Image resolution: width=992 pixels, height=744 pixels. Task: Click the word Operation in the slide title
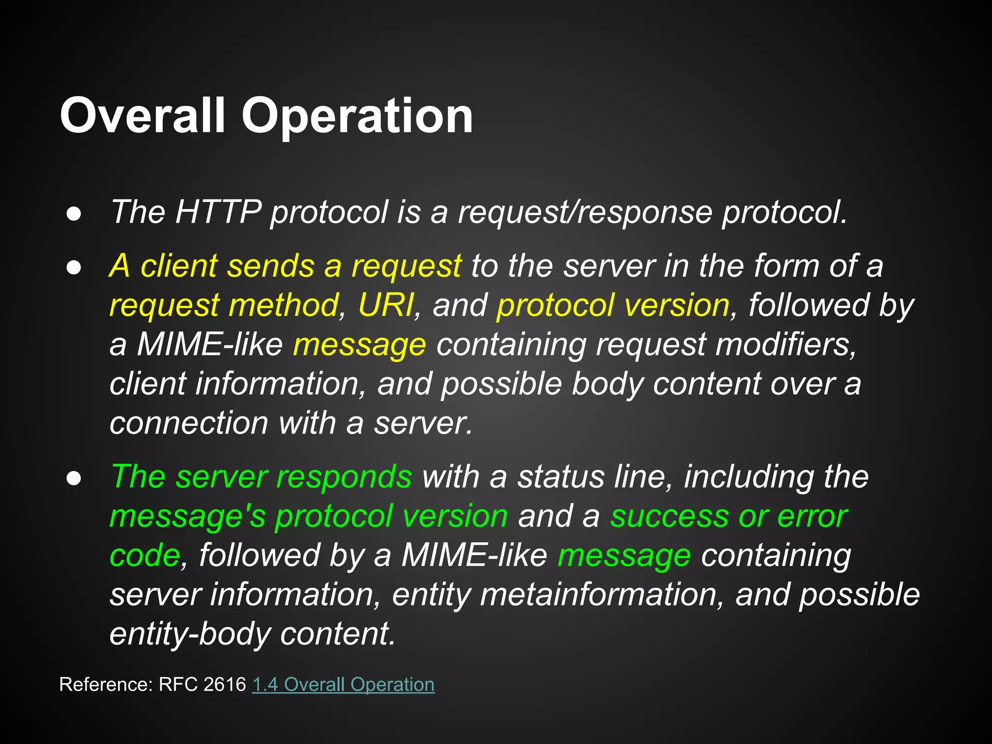coord(357,116)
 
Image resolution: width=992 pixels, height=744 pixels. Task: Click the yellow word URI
coord(386,305)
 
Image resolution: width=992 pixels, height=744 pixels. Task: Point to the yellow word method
coord(283,305)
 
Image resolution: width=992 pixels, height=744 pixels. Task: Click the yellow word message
coord(359,345)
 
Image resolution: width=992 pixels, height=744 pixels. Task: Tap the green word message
coord(624,556)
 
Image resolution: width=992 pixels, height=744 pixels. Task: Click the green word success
coord(669,516)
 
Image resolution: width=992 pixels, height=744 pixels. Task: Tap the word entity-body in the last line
coord(189,634)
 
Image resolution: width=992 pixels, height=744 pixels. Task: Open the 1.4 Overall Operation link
coord(343,684)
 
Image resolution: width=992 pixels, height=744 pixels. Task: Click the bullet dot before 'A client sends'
coord(74,268)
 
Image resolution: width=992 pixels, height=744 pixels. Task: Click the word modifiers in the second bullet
coord(785,344)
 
